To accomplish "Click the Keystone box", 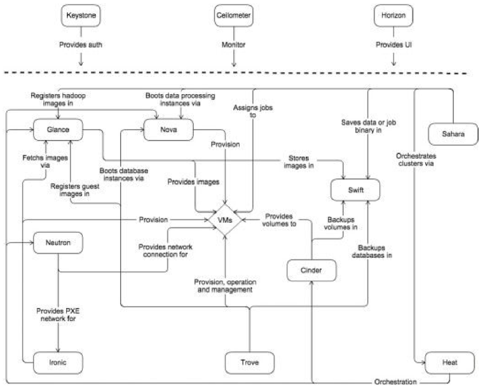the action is (81, 15).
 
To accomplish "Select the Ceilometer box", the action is (233, 15).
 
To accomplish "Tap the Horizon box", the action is (393, 15).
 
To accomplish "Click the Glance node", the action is (58, 130).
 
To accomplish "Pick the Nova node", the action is (168, 130).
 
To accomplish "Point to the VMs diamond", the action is (225, 220).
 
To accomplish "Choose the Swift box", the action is (355, 190).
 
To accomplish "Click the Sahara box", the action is (453, 134).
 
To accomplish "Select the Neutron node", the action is (58, 242).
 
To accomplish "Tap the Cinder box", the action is (311, 270).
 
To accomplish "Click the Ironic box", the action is (58, 363).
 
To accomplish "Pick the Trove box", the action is (250, 363).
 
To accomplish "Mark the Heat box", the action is (450, 363).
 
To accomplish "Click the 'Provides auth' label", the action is (81, 45).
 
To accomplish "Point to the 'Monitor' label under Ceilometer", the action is (233, 45).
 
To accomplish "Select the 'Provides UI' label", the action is (393, 45).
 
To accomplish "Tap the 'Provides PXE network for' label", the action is (58, 314).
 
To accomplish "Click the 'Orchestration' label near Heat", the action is (395, 382).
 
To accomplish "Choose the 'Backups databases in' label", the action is (372, 251).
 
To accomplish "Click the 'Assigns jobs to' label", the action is (253, 111).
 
